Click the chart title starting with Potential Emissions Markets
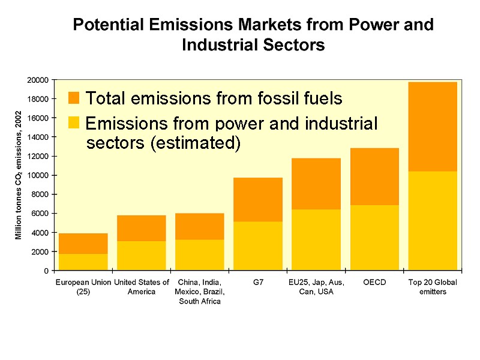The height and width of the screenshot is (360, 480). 253,35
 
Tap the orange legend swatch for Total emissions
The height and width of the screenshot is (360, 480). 74,98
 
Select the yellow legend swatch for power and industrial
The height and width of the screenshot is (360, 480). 74,123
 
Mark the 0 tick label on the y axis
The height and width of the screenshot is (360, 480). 46,271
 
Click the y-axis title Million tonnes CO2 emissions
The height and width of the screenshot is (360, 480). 19,175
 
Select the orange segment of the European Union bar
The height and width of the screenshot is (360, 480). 83,243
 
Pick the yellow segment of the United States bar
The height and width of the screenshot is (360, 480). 142,256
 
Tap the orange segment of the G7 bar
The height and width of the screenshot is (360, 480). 258,199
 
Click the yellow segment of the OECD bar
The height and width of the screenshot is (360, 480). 374,238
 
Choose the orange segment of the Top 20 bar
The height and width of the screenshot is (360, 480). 433,127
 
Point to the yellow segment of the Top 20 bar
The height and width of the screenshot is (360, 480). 433,221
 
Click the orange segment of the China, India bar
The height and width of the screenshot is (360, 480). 200,226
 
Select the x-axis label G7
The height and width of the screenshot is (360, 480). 258,282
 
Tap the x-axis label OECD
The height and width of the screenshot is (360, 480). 374,282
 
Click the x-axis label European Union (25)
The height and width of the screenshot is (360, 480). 83,286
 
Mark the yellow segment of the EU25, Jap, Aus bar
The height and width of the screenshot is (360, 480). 316,239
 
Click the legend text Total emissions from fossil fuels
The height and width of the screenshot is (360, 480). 214,98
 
